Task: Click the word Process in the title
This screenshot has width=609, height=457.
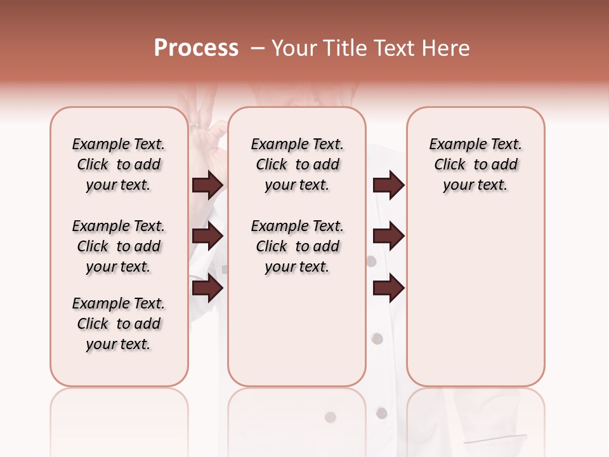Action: pos(196,48)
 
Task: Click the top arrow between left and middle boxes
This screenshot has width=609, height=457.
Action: pos(207,185)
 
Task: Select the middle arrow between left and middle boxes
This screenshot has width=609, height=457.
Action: pos(207,236)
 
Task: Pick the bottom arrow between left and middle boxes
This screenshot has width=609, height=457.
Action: pos(207,288)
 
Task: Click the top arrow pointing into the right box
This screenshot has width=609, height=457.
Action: pos(389,185)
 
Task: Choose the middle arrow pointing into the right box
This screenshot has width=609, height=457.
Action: pos(389,236)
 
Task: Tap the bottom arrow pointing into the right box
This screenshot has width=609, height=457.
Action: pos(389,288)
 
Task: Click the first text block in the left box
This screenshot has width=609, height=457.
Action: pos(119,165)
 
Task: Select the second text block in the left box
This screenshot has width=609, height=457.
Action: pos(119,246)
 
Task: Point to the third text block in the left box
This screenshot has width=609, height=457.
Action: pos(119,324)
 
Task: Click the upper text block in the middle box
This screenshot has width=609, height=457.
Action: pos(298,165)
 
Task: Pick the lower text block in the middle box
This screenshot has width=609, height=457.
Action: pos(298,246)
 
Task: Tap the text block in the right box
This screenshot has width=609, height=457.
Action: pos(476,165)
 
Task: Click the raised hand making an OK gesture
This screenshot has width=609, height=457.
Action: pos(206,121)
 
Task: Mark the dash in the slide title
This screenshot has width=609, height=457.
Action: pos(258,48)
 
